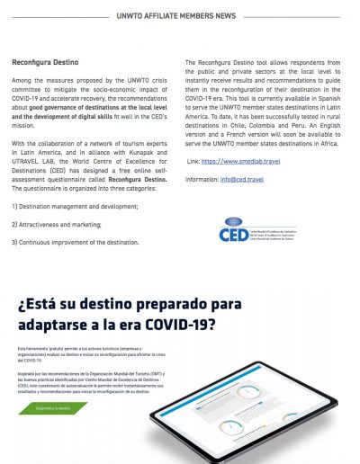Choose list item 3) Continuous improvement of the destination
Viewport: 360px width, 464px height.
point(75,242)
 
